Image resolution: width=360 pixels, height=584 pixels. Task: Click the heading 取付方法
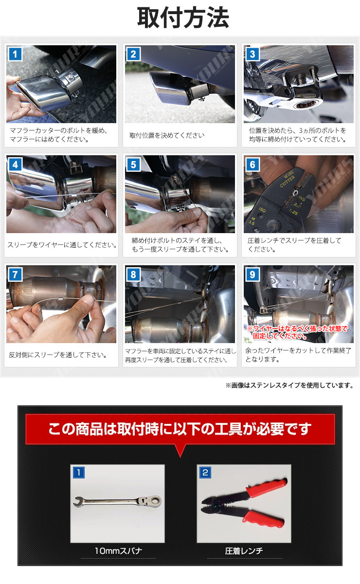coord(183,18)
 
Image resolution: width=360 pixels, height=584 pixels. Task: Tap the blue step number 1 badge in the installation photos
coord(15,54)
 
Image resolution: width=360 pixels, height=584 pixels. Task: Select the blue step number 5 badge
coord(133,164)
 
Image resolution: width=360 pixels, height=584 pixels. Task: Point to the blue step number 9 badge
coord(252,274)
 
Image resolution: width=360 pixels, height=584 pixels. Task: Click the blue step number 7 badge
coord(15,274)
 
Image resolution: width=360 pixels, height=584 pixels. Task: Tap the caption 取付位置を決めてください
coord(167,135)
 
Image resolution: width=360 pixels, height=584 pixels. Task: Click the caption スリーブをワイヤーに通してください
coord(62,245)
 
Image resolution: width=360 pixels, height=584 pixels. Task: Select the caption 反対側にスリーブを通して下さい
coord(57,355)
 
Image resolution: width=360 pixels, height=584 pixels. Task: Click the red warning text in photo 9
coord(297,332)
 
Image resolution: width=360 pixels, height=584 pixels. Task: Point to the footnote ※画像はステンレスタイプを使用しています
coord(289,385)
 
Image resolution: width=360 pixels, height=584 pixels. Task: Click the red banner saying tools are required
coord(180,429)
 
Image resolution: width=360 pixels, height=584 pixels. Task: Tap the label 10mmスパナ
coord(118,550)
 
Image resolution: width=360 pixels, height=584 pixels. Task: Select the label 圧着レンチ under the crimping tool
coord(244,550)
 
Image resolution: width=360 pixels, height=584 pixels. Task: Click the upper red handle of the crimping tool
coord(266,488)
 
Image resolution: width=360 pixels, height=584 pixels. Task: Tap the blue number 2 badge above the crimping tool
coord(205,473)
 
